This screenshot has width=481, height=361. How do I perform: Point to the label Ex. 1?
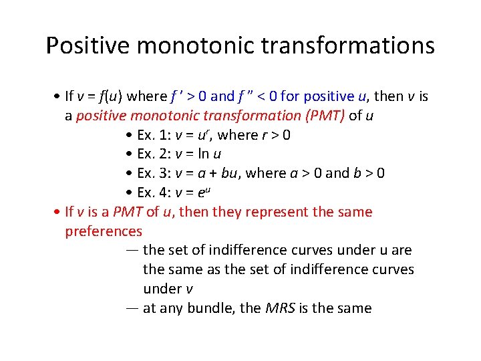click(154, 135)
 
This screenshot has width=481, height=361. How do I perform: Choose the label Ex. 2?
click(154, 154)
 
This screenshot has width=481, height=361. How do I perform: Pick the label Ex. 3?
click(154, 174)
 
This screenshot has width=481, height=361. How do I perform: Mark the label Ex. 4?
click(154, 193)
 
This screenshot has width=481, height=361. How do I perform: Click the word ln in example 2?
click(207, 154)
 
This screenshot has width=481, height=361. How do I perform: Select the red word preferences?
click(104, 231)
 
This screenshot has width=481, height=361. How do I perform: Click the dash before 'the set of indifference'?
click(132, 251)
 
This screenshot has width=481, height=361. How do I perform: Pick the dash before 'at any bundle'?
click(132, 308)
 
